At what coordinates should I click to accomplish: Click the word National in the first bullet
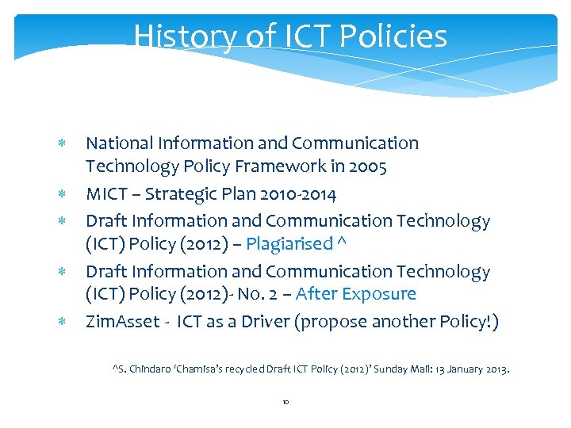[x=117, y=143]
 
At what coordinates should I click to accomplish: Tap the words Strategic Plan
[x=186, y=194]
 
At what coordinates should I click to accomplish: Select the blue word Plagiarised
[x=288, y=243]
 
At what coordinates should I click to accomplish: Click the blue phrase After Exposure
[x=356, y=294]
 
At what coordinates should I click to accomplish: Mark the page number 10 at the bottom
[x=285, y=403]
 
